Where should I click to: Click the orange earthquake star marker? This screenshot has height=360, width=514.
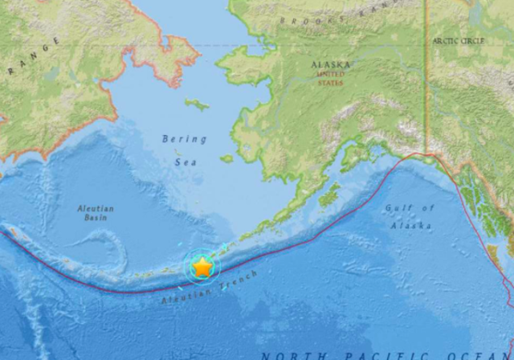coord(202,267)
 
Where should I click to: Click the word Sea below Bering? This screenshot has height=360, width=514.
coord(185,162)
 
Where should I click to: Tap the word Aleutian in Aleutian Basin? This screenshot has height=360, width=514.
coord(96,208)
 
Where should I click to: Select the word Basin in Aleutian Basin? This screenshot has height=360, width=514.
coord(95,218)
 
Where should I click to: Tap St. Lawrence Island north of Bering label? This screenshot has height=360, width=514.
coord(196,104)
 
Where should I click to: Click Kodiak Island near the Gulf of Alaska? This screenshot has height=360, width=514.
coord(328,194)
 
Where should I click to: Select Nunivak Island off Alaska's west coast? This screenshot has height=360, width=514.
coord(226,158)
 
